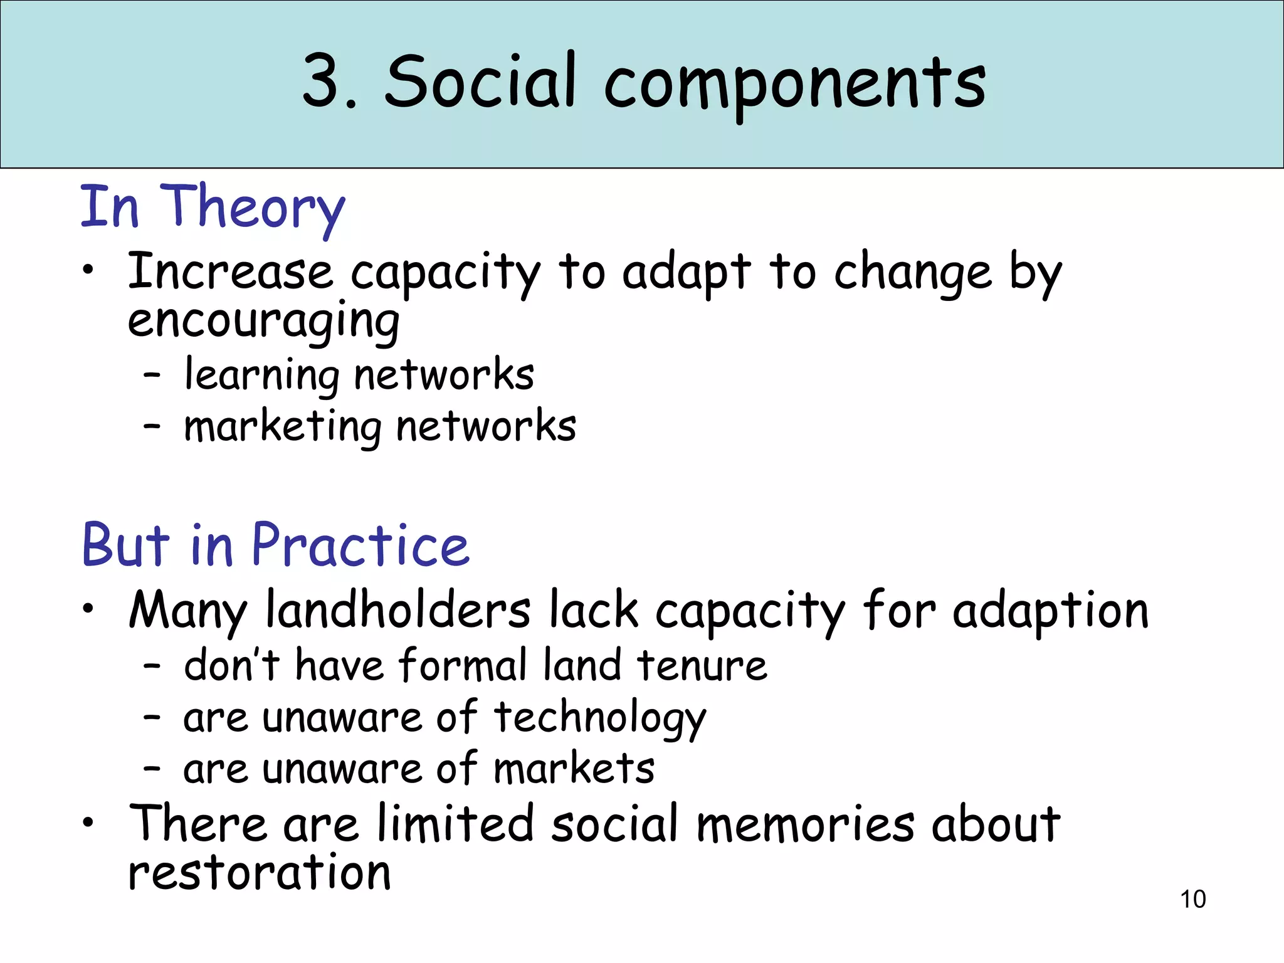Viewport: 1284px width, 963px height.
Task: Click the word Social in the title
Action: click(480, 82)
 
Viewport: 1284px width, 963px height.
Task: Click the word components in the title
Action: click(795, 85)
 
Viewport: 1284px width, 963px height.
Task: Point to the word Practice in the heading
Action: click(360, 545)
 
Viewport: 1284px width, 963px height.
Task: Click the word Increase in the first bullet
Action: click(230, 272)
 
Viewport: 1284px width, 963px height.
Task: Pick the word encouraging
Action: click(263, 321)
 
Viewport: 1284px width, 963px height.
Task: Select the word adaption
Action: click(1051, 611)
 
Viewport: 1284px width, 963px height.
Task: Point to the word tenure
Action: click(702, 665)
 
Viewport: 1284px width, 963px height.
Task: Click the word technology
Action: click(600, 718)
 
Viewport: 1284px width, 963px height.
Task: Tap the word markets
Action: click(574, 769)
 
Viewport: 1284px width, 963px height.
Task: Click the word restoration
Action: click(260, 873)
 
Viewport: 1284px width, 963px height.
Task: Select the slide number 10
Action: click(1192, 899)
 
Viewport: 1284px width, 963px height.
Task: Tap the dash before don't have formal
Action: click(152, 666)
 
